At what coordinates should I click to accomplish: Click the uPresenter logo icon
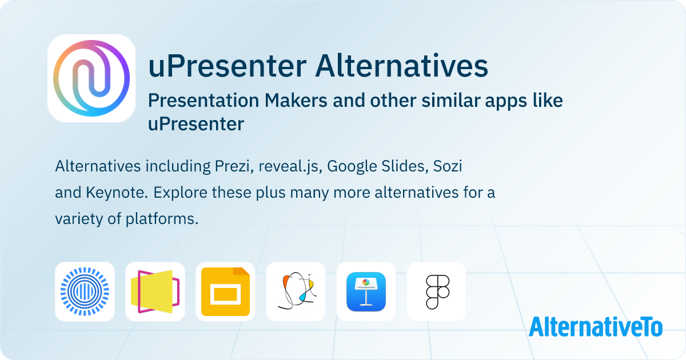click(x=91, y=78)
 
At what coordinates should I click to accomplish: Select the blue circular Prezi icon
click(x=85, y=291)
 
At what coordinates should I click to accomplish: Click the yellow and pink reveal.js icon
click(x=155, y=291)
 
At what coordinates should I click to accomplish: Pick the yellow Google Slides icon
click(x=225, y=291)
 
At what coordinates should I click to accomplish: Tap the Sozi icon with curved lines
click(x=296, y=291)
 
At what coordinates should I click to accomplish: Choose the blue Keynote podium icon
click(x=366, y=291)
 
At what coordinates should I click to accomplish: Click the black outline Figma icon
click(x=436, y=291)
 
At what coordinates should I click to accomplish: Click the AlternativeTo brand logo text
click(x=595, y=327)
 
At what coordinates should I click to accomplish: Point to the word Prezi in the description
click(x=232, y=167)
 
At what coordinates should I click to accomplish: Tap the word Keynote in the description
click(x=115, y=193)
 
